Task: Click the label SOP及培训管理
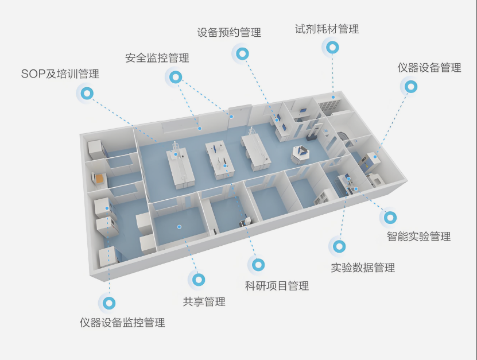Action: coord(60,74)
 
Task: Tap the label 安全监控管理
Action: coord(157,58)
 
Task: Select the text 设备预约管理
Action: coord(229,33)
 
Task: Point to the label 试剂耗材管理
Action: coord(327,29)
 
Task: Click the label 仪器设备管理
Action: coord(429,68)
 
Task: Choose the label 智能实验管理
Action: coord(418,237)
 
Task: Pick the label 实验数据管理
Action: coord(363,268)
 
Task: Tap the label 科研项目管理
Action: coord(277,286)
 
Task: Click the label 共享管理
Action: coord(204,302)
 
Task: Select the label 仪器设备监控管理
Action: coord(122,323)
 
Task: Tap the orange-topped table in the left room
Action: coord(100,180)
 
